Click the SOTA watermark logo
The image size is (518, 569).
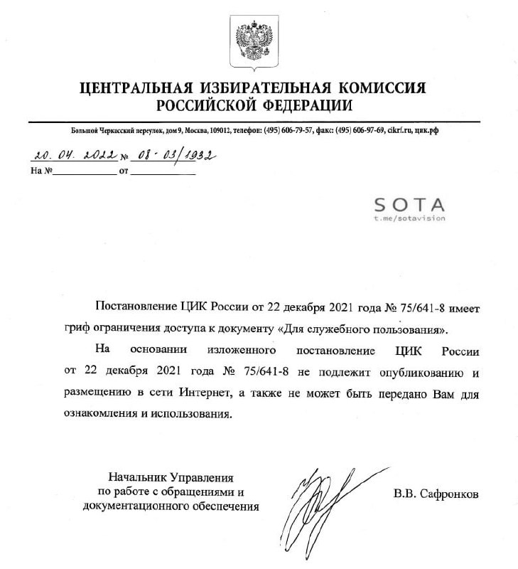pyautogui.click(x=409, y=205)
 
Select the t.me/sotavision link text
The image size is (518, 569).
pyautogui.click(x=409, y=218)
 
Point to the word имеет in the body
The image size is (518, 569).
pyautogui.click(x=464, y=308)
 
